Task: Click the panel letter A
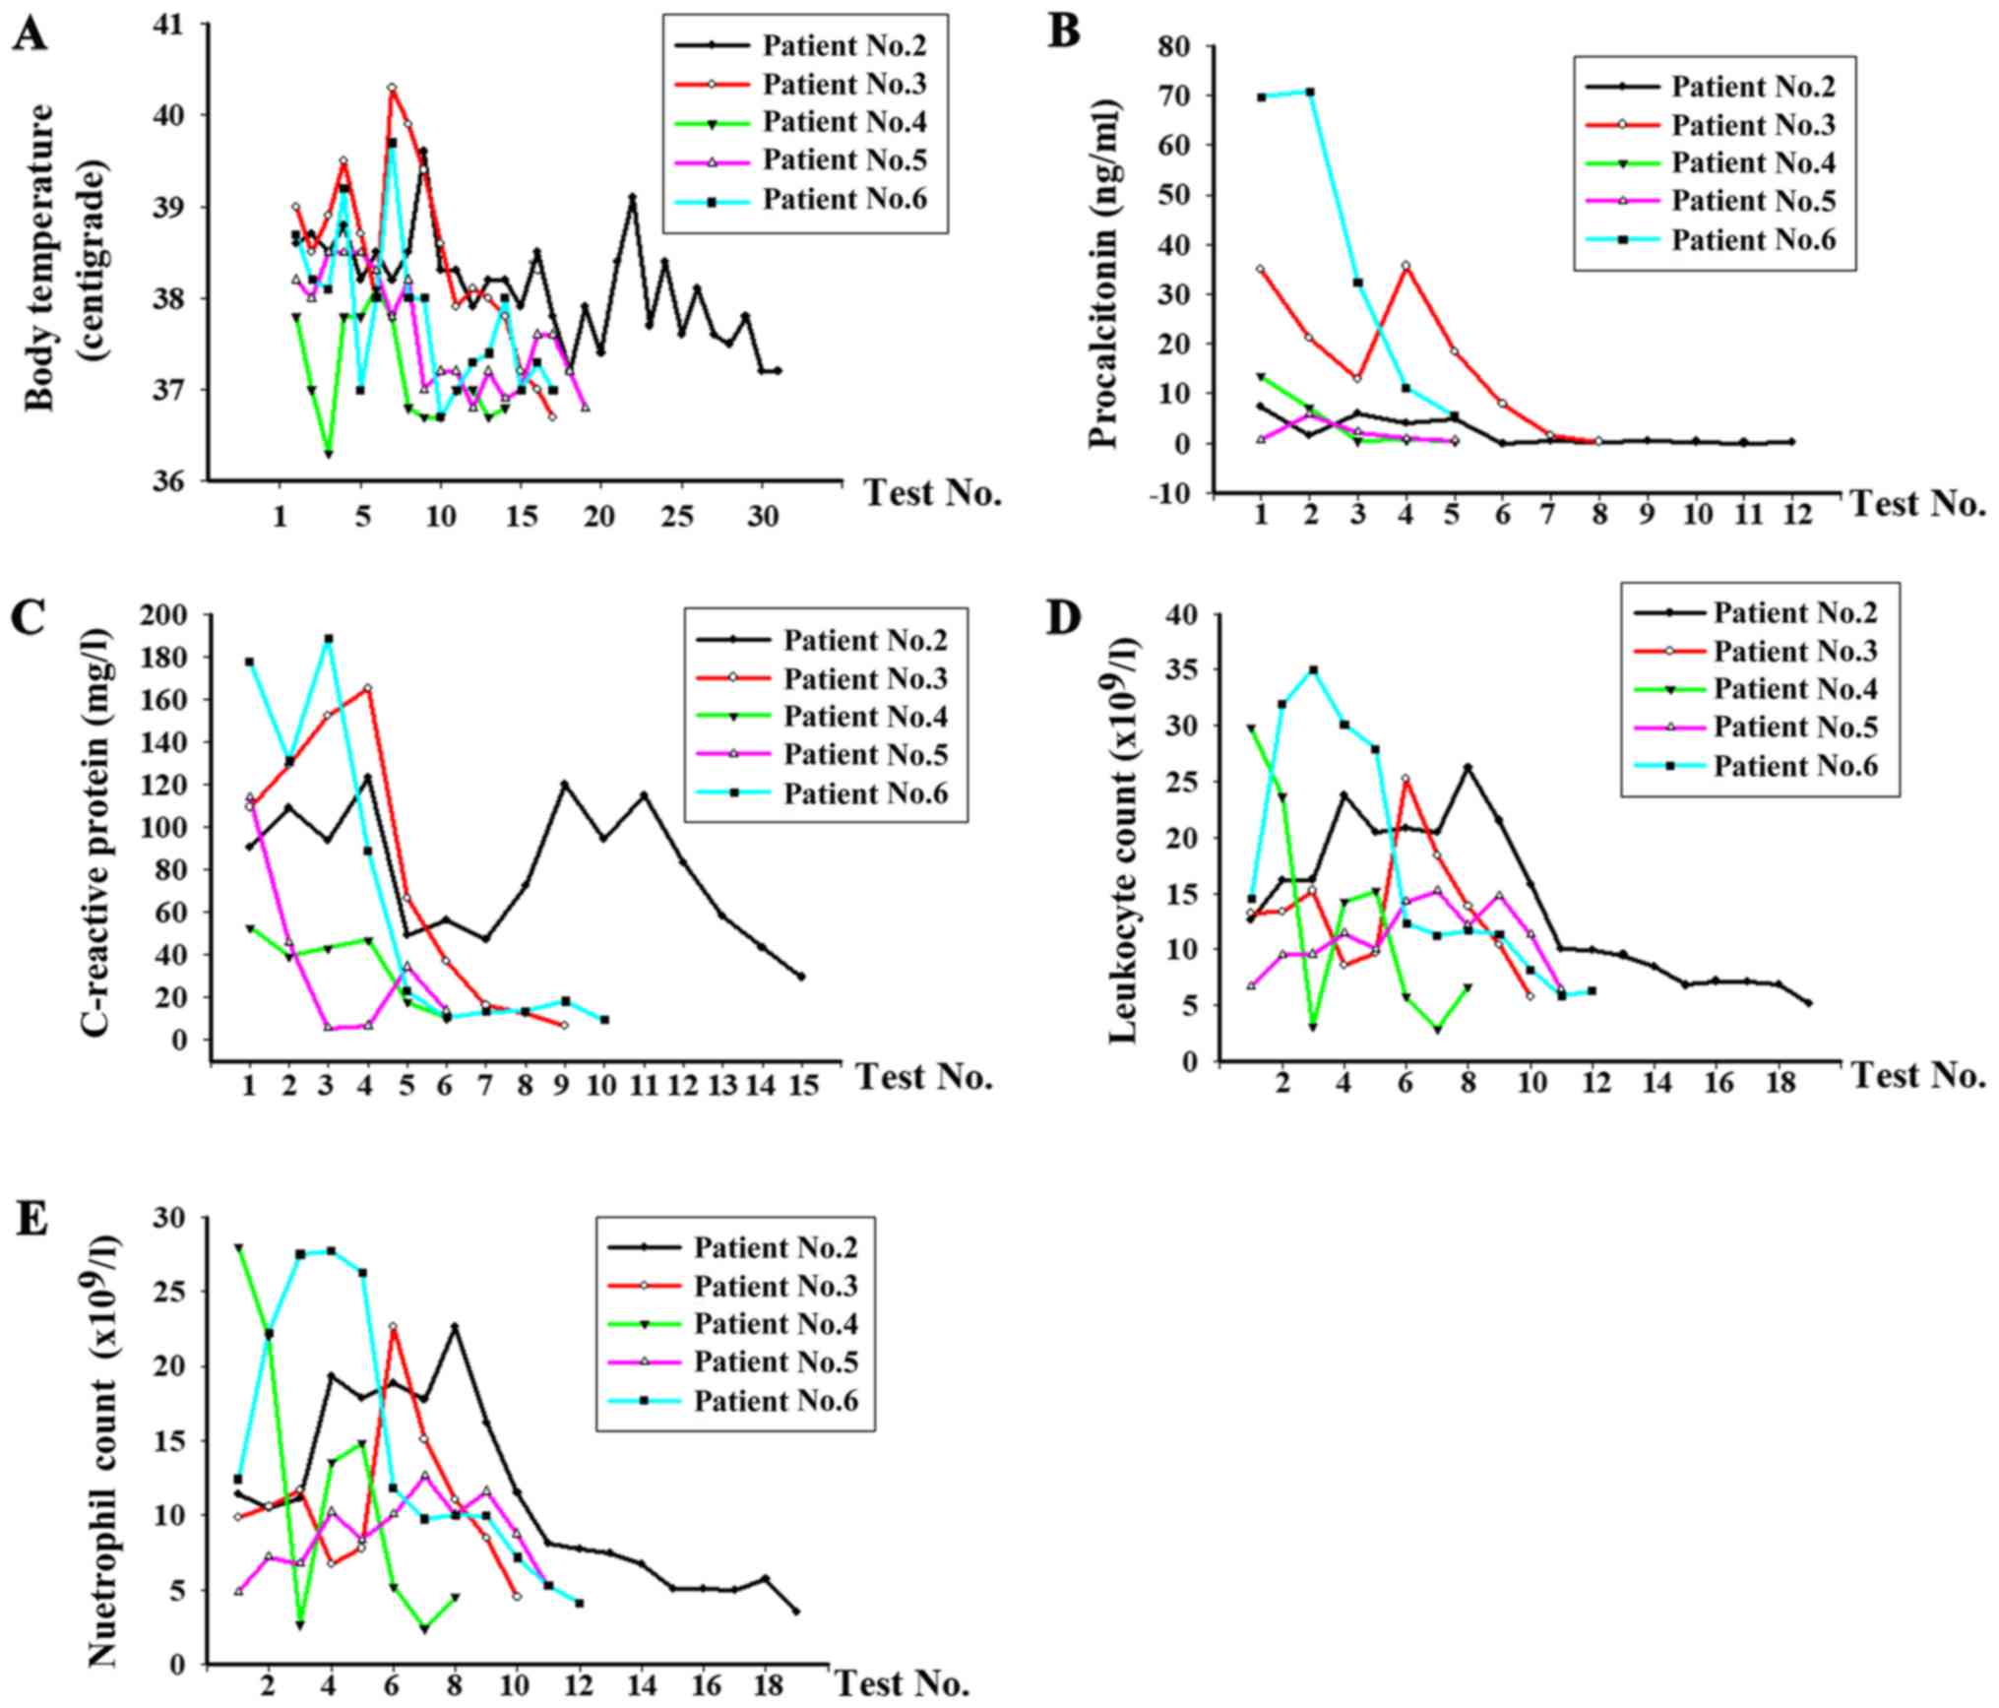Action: click(30, 36)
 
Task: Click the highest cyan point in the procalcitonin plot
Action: click(1309, 92)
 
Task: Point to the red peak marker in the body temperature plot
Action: click(392, 88)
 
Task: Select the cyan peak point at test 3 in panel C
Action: click(329, 639)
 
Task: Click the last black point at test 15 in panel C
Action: click(801, 977)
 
